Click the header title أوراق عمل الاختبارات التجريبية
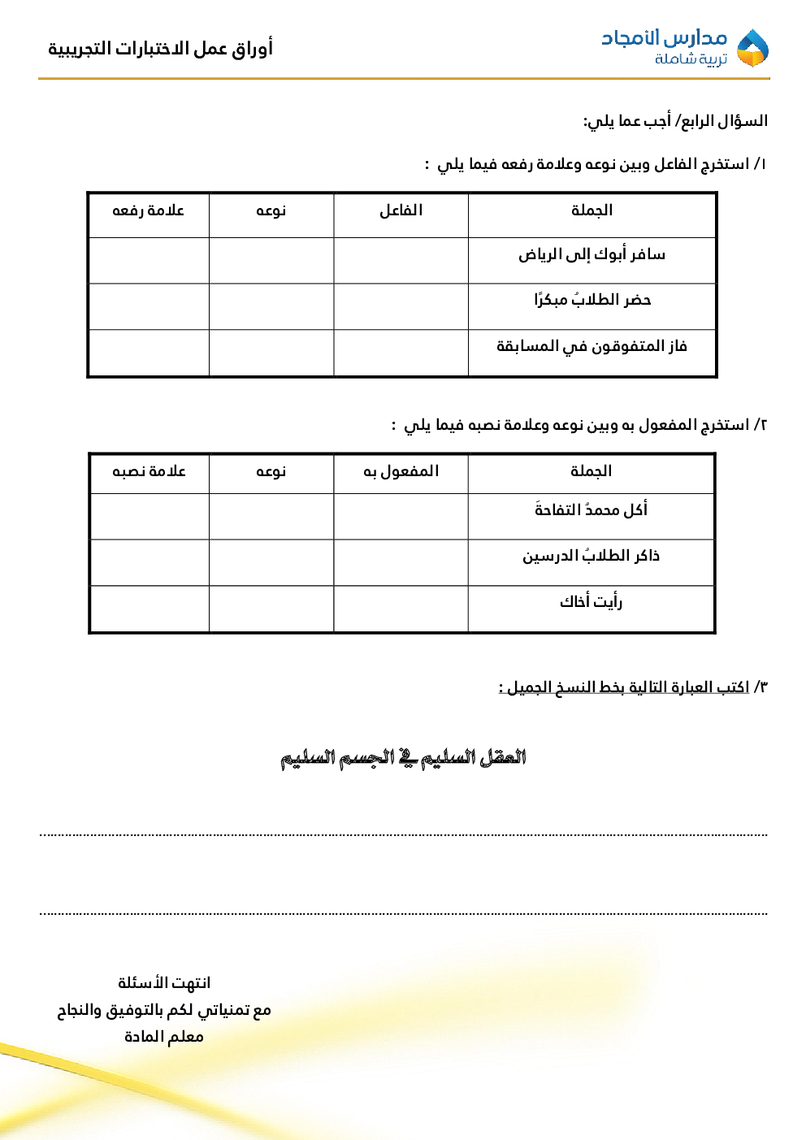click(160, 49)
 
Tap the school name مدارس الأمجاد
click(664, 37)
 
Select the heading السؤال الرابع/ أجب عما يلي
click(675, 121)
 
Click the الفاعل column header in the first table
click(401, 210)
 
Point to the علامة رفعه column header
click(148, 210)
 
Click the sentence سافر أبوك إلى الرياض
click(591, 255)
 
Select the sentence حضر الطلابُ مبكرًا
click(591, 300)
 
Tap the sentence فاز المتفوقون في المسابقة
click(591, 347)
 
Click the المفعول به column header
click(401, 471)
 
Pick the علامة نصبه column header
click(149, 471)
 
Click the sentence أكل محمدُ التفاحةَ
click(591, 510)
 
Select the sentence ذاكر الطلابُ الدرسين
click(591, 557)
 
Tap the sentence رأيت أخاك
click(591, 602)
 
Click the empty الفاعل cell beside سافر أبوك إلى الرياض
click(401, 260)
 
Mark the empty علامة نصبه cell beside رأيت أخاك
click(149, 609)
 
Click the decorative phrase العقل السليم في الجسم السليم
click(403, 758)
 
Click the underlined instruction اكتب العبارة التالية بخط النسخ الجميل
click(624, 687)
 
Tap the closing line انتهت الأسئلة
click(164, 983)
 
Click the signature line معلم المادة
click(164, 1037)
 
